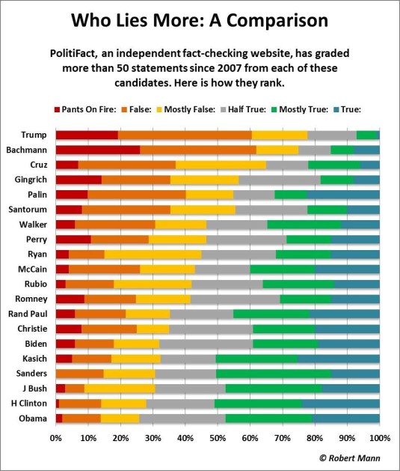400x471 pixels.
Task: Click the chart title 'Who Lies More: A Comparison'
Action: pos(200,21)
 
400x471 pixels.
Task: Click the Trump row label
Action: pos(34,135)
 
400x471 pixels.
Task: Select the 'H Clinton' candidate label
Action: pos(28,403)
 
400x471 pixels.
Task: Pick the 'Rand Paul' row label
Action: pos(28,314)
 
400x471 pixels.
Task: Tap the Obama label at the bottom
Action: pos(32,418)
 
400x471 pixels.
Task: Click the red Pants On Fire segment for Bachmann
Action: pos(97,150)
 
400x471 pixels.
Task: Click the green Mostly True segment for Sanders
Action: pos(274,373)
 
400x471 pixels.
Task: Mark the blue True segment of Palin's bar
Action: pos(343,194)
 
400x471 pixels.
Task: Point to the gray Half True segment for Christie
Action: pos(211,328)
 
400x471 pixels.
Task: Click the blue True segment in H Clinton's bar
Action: pos(340,403)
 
